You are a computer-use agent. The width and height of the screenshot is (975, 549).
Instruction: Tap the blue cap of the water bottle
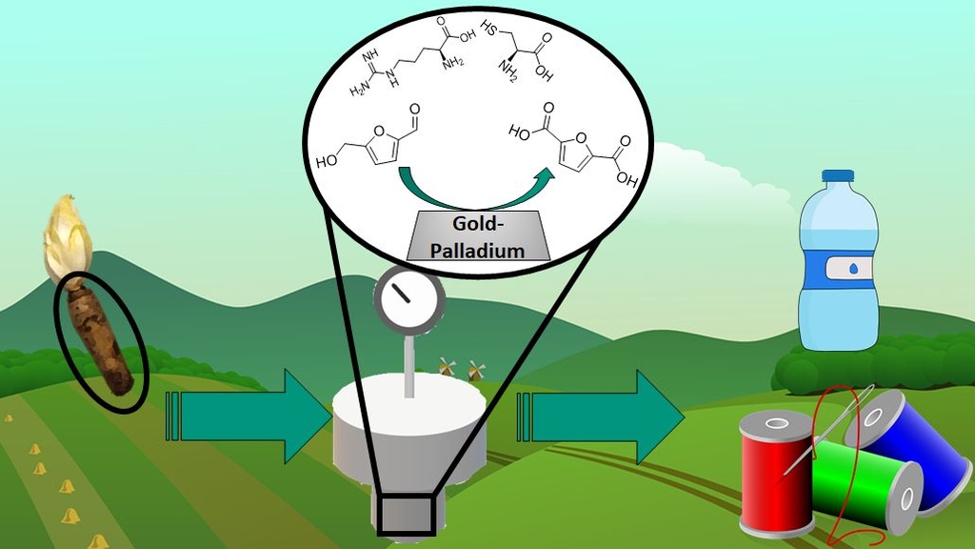coord(838,178)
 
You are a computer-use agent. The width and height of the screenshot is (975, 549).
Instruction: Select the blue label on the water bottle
coord(838,269)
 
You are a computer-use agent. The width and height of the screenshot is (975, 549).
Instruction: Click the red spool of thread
coord(776,472)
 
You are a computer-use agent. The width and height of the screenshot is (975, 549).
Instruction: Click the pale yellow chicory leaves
coord(67,238)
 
